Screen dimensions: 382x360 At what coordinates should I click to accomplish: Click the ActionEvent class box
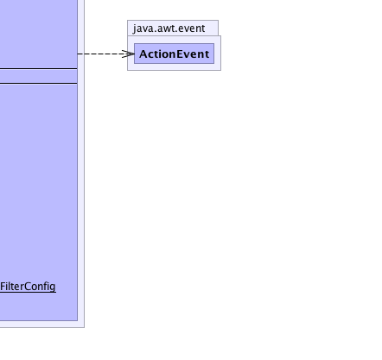(174, 54)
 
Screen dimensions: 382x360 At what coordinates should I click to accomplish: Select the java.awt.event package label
(169, 28)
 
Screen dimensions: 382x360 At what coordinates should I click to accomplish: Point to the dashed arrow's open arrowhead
(128, 54)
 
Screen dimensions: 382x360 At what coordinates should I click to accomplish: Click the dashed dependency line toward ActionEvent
(105, 54)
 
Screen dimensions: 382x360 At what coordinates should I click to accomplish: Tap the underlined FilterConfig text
(28, 287)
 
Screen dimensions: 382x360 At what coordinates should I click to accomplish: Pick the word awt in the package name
(167, 28)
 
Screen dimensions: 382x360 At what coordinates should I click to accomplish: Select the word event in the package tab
(193, 28)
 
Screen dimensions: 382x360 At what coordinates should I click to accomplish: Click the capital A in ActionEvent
(143, 54)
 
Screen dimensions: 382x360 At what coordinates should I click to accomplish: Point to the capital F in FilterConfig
(3, 287)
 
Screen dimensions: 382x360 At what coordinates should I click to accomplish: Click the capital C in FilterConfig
(28, 287)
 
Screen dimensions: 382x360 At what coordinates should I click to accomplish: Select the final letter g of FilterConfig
(53, 287)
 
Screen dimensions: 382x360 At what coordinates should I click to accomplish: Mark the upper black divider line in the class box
(39, 69)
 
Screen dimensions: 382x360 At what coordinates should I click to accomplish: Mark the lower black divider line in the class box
(39, 83)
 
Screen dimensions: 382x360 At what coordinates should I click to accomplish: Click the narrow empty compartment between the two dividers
(39, 76)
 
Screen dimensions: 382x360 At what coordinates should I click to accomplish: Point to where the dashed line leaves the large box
(78, 54)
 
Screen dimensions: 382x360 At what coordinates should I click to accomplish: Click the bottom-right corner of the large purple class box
(78, 320)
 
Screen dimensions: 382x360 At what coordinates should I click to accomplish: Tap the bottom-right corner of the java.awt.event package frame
(221, 70)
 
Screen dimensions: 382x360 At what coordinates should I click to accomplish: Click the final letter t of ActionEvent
(207, 54)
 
